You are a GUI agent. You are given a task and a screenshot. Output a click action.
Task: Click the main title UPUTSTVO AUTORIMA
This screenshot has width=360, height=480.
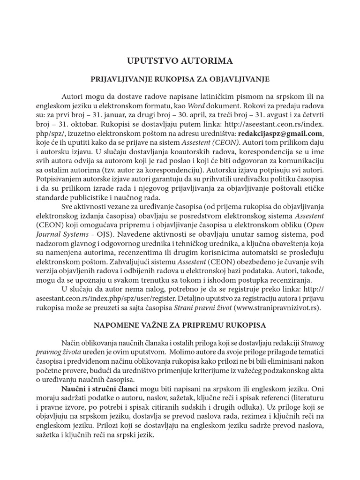pos(180,61)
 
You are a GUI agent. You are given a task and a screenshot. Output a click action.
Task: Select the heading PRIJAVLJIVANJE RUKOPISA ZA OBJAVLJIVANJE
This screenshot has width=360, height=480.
pos(180,79)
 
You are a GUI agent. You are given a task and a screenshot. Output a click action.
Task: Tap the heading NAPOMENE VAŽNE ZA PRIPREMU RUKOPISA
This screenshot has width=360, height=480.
pos(180,324)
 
